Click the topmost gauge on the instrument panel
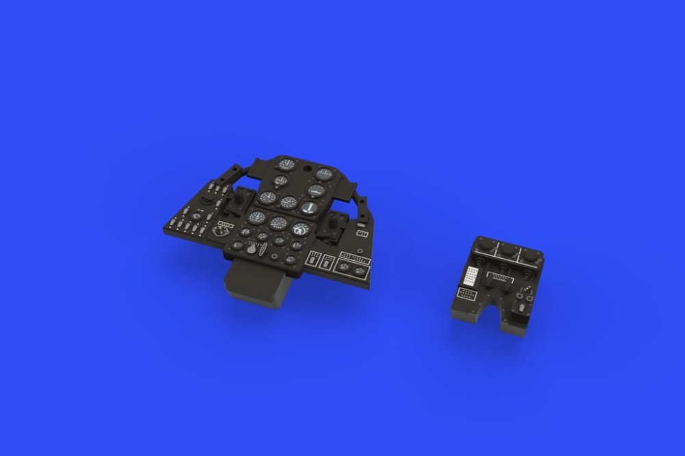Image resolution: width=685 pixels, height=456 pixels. click(x=287, y=164)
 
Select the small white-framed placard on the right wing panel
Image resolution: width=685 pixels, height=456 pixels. click(x=361, y=233)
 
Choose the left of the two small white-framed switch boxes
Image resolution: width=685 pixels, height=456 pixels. click(x=314, y=260)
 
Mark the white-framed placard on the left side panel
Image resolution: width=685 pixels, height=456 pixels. click(x=225, y=223)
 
